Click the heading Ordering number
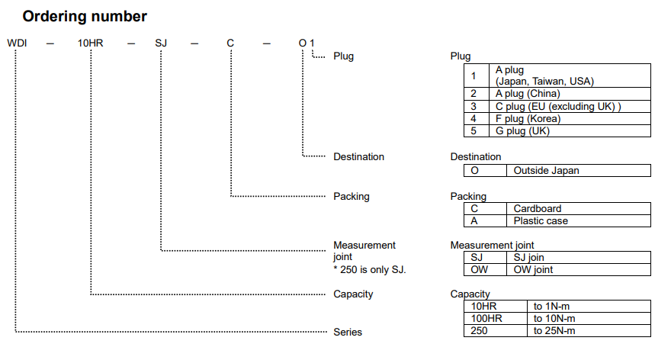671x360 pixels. click(85, 16)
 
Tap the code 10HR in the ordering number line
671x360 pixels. click(90, 43)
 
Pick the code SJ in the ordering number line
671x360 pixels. click(161, 43)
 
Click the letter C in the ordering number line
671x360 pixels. click(230, 43)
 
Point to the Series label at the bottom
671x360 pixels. click(348, 332)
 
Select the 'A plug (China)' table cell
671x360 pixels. click(527, 94)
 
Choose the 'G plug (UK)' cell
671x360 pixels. click(522, 130)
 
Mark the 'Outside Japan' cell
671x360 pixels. click(546, 171)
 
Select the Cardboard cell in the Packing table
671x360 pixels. click(537, 208)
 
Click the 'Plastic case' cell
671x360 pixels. click(541, 220)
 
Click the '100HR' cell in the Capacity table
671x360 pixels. click(486, 318)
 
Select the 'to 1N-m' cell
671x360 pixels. click(551, 306)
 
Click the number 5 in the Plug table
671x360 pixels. click(474, 130)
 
